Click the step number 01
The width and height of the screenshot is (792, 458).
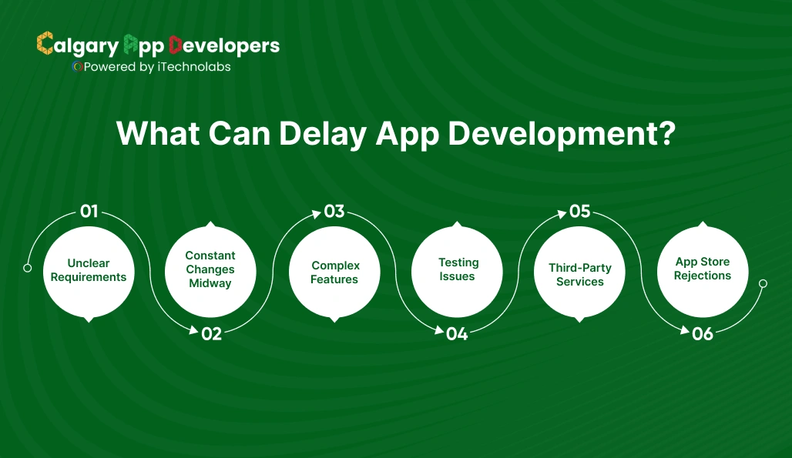click(89, 211)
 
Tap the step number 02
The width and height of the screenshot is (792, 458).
click(211, 334)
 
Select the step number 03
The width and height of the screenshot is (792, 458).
click(334, 211)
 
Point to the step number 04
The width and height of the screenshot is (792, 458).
click(457, 334)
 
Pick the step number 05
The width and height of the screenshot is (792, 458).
click(579, 211)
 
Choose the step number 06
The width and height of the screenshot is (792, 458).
click(702, 334)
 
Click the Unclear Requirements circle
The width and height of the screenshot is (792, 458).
click(89, 271)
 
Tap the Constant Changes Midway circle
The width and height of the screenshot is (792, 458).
click(210, 271)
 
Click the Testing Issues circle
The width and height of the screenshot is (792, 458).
click(457, 271)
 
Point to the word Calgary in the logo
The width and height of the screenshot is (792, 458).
click(78, 45)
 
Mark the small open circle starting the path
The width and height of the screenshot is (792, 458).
click(28, 268)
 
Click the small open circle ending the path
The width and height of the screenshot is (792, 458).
click(763, 283)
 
